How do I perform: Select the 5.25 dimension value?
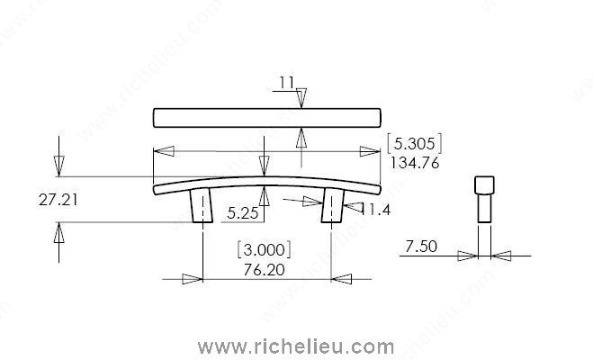243,214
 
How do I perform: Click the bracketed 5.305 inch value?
414,143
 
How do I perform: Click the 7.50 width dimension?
421,246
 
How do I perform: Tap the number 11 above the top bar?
286,83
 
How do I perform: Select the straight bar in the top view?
266,117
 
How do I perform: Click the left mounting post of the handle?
201,206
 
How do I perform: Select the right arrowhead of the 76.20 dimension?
340,279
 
